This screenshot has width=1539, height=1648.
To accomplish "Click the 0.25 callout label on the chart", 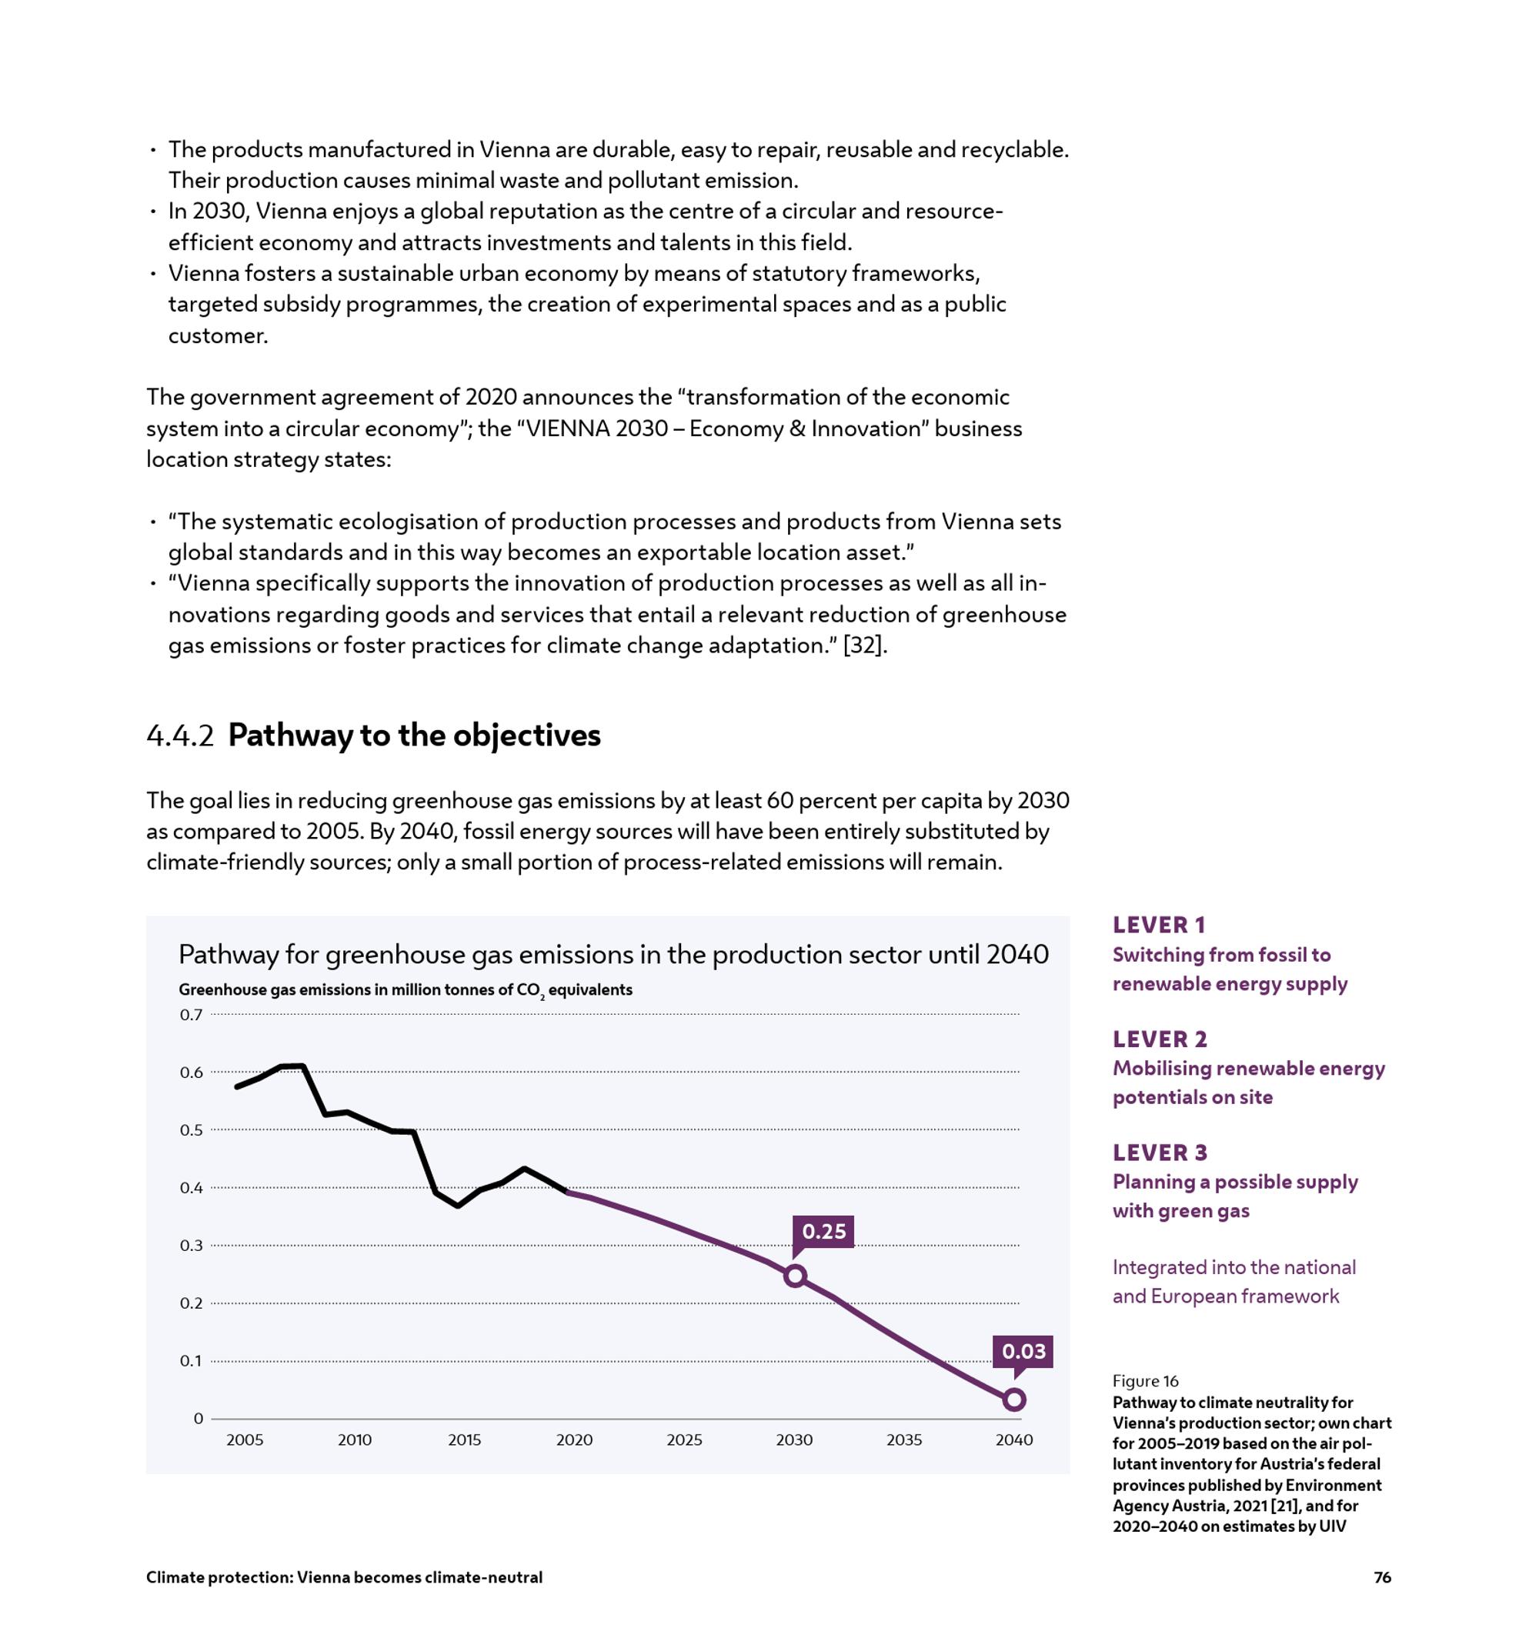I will [823, 1231].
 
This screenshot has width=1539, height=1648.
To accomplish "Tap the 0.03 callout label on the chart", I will [1023, 1351].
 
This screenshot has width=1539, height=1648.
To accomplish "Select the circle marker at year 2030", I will [794, 1276].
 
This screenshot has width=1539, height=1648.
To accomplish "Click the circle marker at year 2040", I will [1014, 1400].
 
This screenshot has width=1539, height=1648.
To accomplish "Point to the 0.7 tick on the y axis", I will [191, 1015].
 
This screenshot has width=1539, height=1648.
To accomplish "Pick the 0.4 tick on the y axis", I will [191, 1188].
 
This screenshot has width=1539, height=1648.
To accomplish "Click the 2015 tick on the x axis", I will [464, 1440].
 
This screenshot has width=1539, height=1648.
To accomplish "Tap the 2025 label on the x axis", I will [684, 1440].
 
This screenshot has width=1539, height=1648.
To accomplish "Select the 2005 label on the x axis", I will [245, 1440].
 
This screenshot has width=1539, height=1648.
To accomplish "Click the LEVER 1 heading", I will [1158, 925].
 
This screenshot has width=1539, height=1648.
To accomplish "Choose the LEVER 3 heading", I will [1159, 1153].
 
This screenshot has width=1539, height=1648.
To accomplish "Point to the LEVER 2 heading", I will [1159, 1039].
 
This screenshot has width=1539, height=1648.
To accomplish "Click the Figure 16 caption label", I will [1145, 1381].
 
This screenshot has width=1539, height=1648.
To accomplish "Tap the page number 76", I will [1382, 1577].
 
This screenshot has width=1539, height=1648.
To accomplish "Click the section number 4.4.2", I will [180, 736].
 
